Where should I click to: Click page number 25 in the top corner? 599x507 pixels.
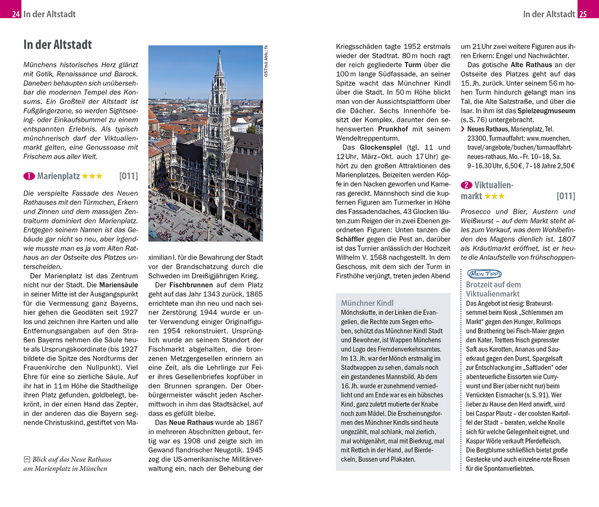coord(582,14)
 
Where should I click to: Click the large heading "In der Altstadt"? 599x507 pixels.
coord(57,45)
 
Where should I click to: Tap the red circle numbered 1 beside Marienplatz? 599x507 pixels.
coord(29,176)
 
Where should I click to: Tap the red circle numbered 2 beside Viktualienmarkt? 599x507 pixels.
coord(466,186)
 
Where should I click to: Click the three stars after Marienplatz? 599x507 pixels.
coord(92,176)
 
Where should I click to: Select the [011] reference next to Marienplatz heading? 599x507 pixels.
coord(128,176)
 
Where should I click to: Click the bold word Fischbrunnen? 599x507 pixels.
coord(190,285)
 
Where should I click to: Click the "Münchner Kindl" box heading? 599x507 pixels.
coord(367,303)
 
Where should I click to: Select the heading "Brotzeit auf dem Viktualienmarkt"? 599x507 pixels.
coord(493,289)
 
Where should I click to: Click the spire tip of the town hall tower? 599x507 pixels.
coord(219,51)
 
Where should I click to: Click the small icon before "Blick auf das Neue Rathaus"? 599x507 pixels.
coord(27,459)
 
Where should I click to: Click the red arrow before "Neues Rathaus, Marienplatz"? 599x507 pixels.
coord(463,129)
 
